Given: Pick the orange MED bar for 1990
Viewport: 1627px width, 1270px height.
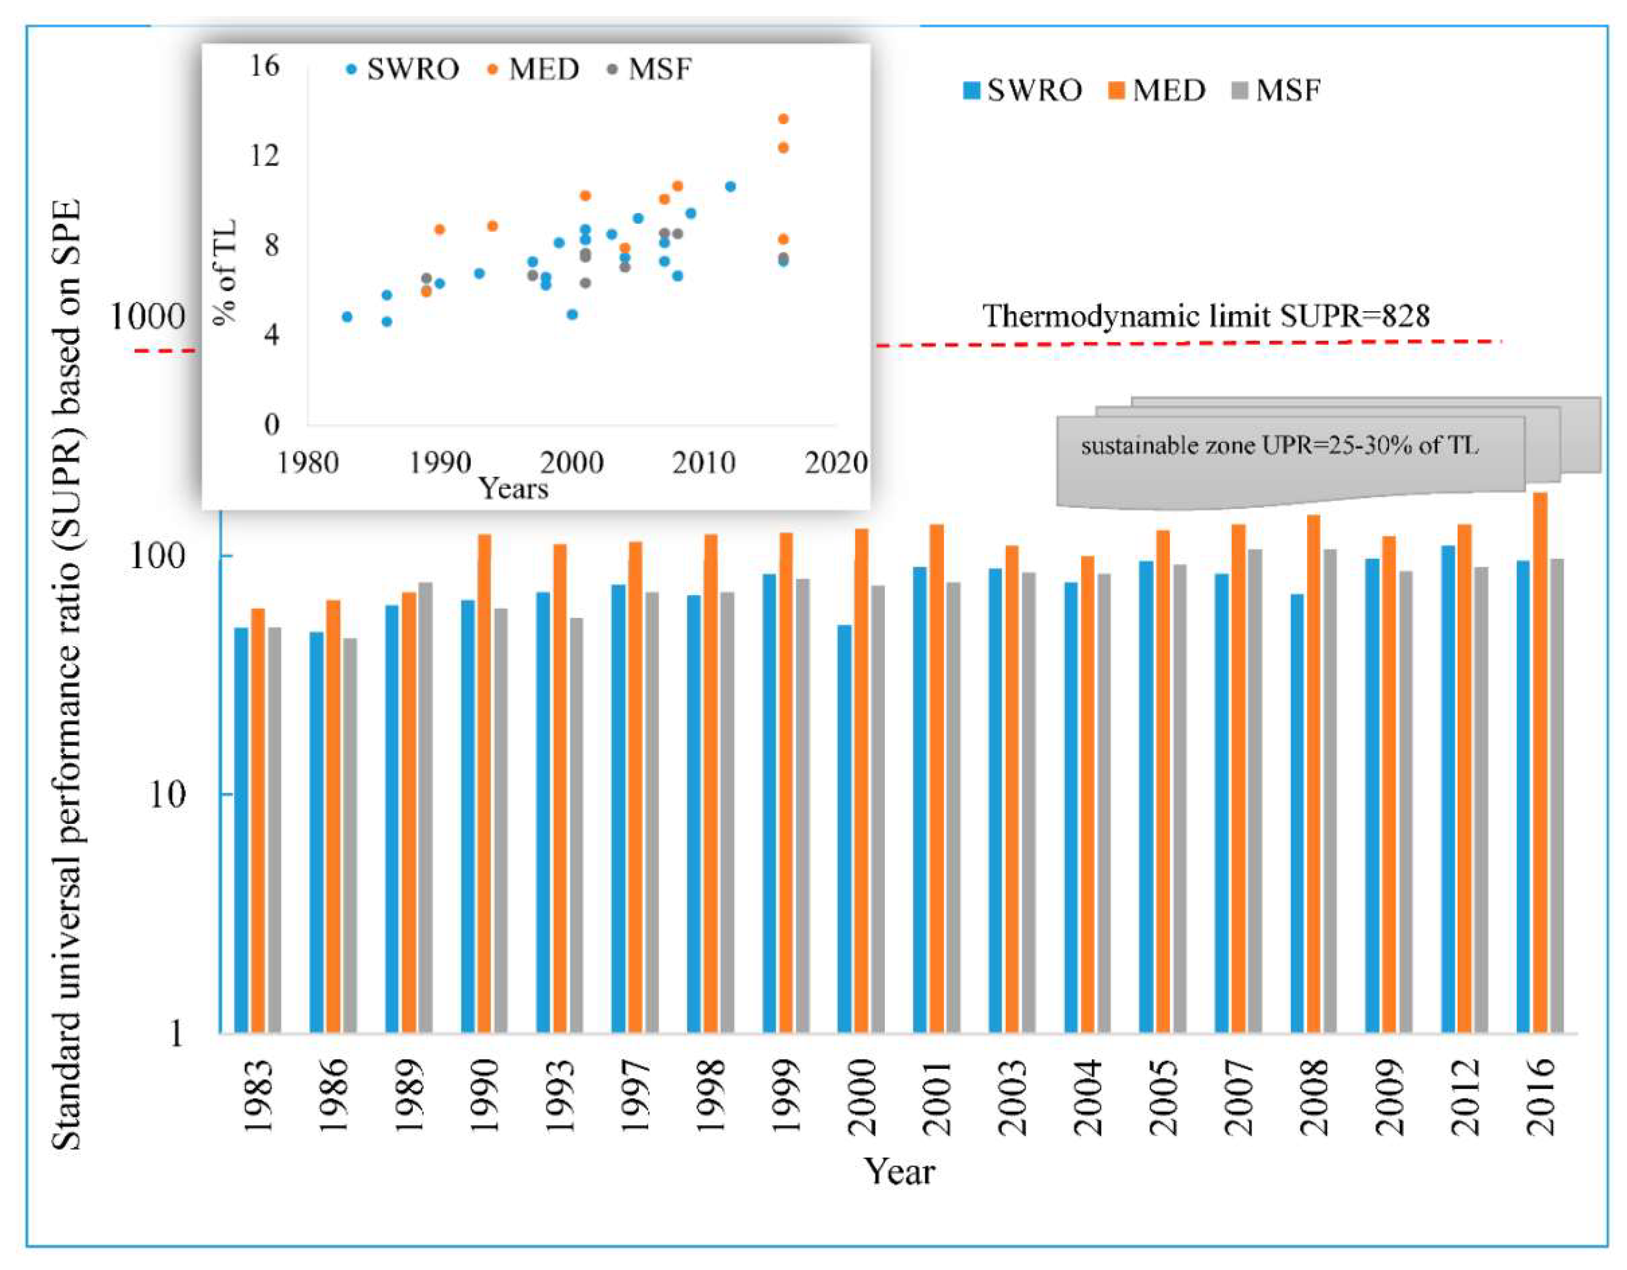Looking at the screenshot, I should click(484, 782).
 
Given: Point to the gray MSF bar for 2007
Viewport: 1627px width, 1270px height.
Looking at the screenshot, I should click(1255, 790).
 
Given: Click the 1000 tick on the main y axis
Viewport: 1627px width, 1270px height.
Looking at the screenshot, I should click(148, 317).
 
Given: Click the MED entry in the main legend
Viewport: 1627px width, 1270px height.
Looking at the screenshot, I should click(1157, 91).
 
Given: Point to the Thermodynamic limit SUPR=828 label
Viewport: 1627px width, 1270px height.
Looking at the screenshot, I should click(1205, 316).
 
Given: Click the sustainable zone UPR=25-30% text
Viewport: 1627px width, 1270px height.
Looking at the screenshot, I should click(1279, 446).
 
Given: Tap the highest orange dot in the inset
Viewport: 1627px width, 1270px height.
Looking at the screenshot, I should click(783, 119).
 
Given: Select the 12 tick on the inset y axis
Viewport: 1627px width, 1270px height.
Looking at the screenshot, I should click(265, 156).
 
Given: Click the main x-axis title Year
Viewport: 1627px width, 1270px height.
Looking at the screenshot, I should click(898, 1172).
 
